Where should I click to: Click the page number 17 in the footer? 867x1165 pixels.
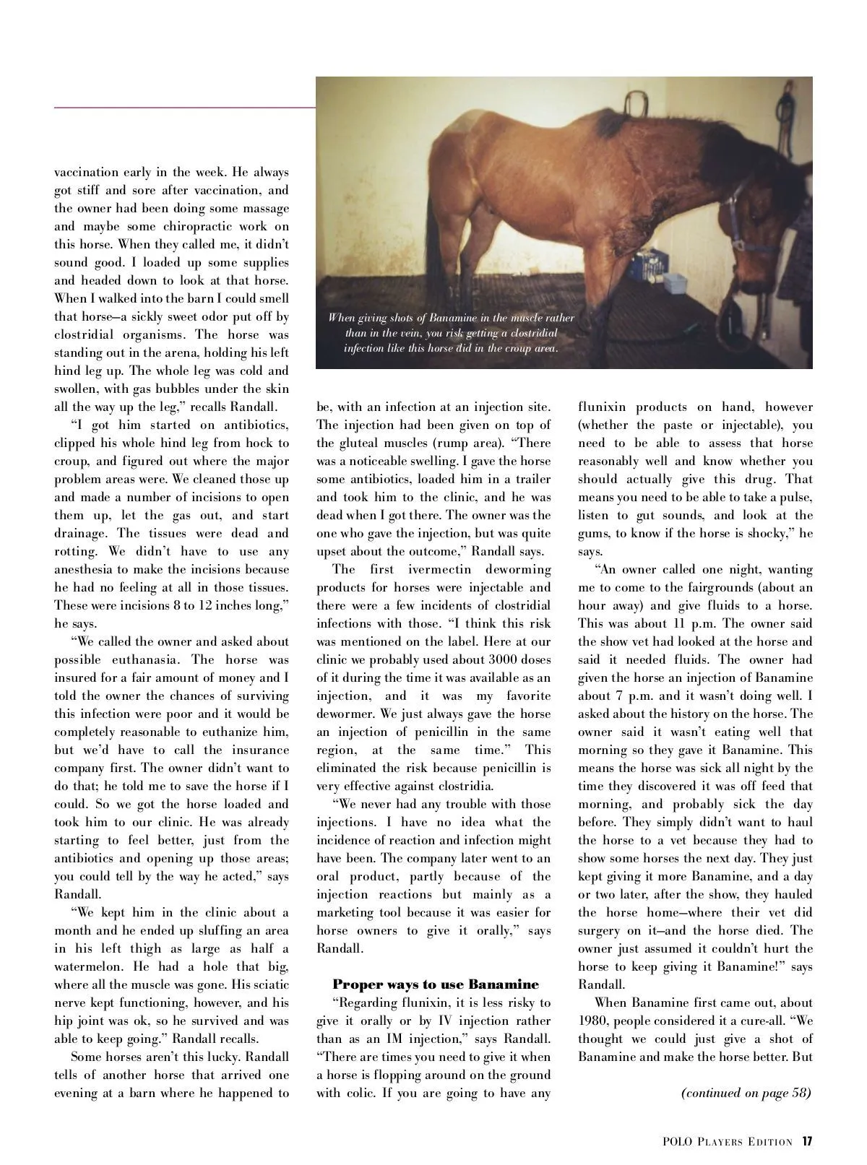(x=807, y=1142)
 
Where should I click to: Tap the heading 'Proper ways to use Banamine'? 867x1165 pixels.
(x=436, y=984)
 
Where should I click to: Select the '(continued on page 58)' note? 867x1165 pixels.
(x=746, y=1093)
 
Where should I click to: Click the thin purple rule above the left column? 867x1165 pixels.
(x=185, y=108)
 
